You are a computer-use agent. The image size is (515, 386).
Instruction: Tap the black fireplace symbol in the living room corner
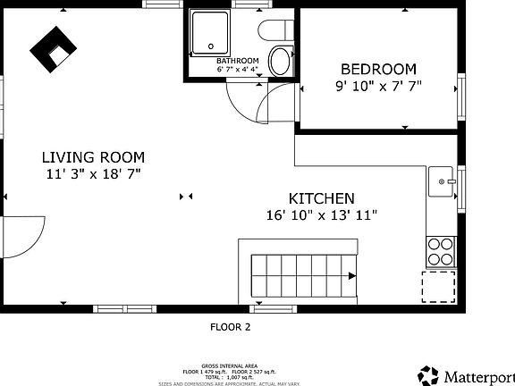click(53, 49)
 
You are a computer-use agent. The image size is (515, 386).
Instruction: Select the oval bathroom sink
click(280, 62)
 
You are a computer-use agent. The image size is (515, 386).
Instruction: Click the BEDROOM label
click(378, 69)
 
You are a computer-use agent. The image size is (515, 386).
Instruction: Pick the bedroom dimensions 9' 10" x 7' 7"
click(378, 86)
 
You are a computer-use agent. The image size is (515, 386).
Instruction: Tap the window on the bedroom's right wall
click(461, 95)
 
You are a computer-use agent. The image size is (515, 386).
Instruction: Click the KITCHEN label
click(321, 198)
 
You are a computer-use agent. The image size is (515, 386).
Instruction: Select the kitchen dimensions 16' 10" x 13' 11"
click(321, 214)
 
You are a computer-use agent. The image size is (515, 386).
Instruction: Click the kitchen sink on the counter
click(441, 180)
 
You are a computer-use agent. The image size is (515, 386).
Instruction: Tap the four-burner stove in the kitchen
click(440, 251)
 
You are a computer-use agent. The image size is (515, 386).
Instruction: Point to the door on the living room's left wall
click(20, 236)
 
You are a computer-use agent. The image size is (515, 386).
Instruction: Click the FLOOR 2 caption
click(231, 327)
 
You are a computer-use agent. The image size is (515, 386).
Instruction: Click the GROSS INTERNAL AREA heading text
click(231, 365)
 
